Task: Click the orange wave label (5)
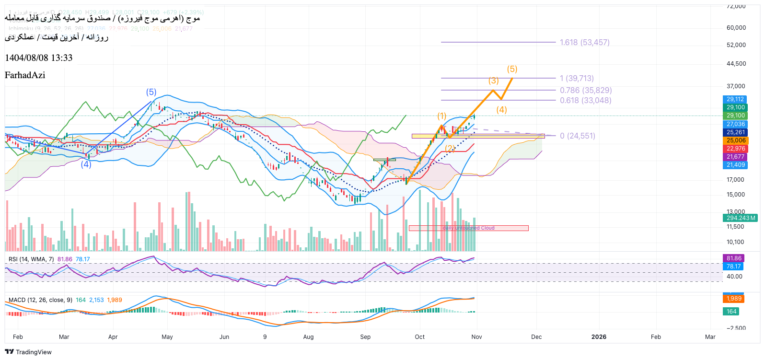click(512, 69)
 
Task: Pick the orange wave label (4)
click(501, 110)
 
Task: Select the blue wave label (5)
click(151, 92)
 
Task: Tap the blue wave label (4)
click(86, 164)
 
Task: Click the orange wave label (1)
click(441, 116)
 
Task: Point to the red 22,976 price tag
click(735, 149)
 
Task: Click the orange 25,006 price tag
click(735, 140)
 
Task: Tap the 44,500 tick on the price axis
click(736, 64)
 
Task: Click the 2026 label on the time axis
click(599, 337)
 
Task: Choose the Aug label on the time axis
click(308, 337)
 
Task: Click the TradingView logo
click(28, 352)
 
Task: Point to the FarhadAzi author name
click(25, 75)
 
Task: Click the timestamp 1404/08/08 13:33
click(38, 58)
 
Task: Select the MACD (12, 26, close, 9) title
click(40, 300)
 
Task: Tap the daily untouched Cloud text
click(468, 228)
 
